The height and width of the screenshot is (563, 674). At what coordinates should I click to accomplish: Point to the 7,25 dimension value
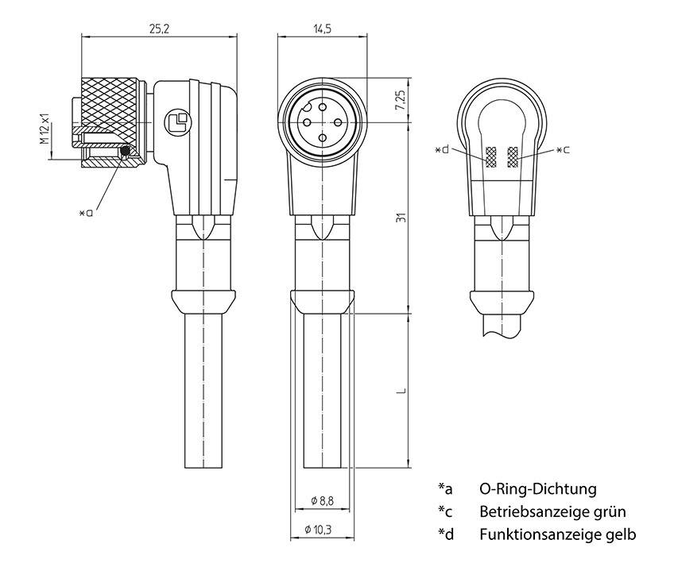coord(400,100)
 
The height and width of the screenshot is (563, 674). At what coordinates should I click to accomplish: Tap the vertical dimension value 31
coord(401,218)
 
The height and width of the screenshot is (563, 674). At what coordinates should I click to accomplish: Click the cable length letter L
coord(401,390)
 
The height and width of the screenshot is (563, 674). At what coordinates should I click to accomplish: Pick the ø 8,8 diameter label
coord(322,500)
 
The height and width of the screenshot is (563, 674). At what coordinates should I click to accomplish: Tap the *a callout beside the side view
coord(86,212)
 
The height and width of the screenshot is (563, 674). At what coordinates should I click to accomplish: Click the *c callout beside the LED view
coord(562,149)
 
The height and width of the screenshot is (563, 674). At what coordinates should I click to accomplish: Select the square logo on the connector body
coord(176,121)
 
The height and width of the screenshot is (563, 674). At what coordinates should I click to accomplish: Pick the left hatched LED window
coord(493,157)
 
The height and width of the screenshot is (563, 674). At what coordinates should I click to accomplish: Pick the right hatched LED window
coord(512,157)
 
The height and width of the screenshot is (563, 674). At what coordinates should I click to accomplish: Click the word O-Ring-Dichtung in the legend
coord(537,489)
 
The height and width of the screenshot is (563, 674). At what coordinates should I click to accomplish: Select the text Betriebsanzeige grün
coord(552,511)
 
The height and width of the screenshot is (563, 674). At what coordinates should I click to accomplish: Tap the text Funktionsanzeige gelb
coord(557,534)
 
